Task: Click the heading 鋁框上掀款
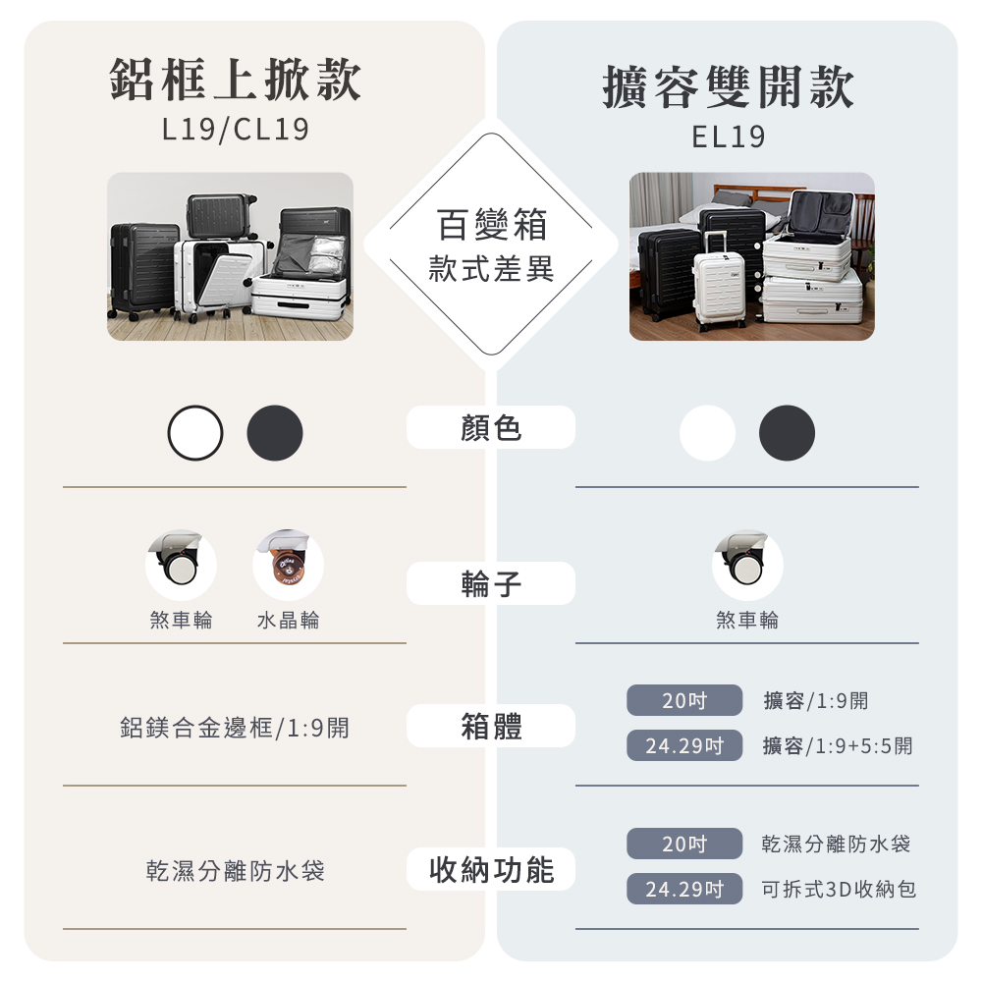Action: [235, 81]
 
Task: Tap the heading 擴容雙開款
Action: [728, 87]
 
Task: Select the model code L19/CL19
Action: [235, 130]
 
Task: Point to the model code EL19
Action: [728, 136]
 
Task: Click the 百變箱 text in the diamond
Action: [491, 227]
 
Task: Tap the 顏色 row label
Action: [491, 428]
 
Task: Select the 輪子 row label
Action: [491, 584]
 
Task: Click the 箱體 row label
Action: [491, 727]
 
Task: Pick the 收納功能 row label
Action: [491, 870]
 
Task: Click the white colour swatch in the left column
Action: [195, 433]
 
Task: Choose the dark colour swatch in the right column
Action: [787, 433]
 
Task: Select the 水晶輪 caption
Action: [288, 621]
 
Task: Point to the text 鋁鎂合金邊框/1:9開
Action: [235, 728]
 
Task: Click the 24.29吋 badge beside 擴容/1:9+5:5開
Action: [684, 746]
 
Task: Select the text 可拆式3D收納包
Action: [840, 890]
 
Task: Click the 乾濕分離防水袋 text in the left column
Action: [235, 871]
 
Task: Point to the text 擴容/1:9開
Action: [816, 701]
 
